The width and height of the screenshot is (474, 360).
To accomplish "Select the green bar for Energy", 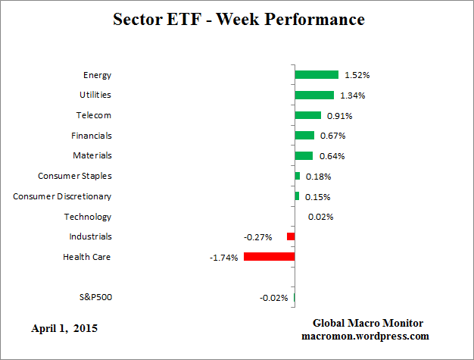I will (x=317, y=74).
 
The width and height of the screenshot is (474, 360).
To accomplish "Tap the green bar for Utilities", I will (x=314, y=95).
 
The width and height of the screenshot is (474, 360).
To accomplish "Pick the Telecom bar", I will (x=308, y=115).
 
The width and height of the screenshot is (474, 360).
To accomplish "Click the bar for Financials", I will (x=304, y=135).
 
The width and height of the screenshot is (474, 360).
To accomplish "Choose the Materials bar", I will (x=304, y=155).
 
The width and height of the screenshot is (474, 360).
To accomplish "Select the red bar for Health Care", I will (x=269, y=257).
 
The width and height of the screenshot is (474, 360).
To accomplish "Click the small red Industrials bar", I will (x=291, y=236).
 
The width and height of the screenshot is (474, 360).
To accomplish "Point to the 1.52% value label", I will (x=357, y=75).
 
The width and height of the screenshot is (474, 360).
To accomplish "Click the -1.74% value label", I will (x=223, y=258).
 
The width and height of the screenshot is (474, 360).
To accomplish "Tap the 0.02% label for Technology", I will (x=320, y=217).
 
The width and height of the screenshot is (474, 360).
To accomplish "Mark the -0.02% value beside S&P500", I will (x=273, y=298).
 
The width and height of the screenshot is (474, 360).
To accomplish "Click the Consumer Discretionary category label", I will (x=62, y=196).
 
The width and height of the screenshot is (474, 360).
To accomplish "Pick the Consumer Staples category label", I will (x=75, y=176).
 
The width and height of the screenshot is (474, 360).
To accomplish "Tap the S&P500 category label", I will (x=95, y=297).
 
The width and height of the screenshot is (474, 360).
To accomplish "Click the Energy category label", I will (x=97, y=74).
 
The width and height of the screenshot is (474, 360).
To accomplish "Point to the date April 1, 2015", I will (x=64, y=329).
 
